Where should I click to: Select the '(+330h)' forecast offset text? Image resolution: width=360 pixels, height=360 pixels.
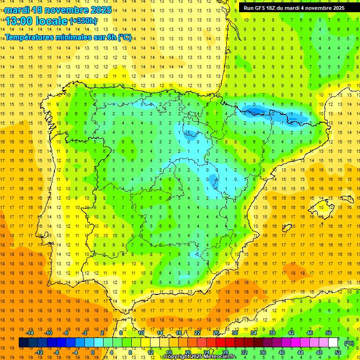pyautogui.click(x=83, y=21)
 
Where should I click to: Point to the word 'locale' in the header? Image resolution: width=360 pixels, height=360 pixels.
pyautogui.click(x=52, y=21)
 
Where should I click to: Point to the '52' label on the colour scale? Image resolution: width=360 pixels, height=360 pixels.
pyautogui.click(x=337, y=352)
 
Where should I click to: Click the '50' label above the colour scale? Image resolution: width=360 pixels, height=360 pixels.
pyautogui.click(x=328, y=333)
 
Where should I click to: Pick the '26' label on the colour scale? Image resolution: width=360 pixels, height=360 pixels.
pyautogui.click(x=216, y=333)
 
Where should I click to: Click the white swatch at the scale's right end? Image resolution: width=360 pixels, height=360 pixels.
pyautogui.click(x=333, y=343)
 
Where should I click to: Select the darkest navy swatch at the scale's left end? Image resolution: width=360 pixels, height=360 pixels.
pyautogui.click(x=23, y=343)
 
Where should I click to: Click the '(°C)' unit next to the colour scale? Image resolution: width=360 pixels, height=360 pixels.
pyautogui.click(x=349, y=343)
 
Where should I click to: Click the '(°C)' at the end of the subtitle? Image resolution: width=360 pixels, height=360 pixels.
pyautogui.click(x=125, y=37)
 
